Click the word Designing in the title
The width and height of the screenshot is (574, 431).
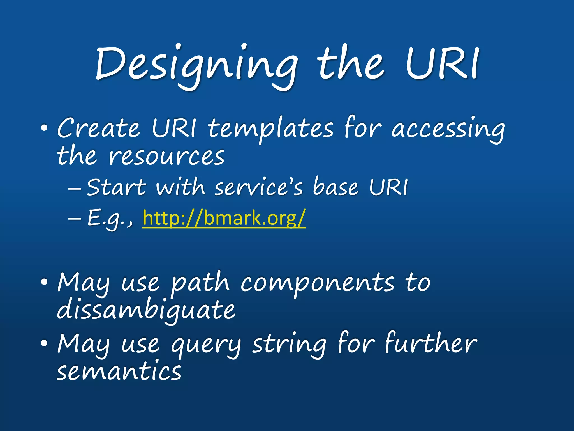(196, 66)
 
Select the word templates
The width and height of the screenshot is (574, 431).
(271, 129)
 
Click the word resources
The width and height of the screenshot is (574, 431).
(166, 156)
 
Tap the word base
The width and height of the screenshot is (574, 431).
(335, 187)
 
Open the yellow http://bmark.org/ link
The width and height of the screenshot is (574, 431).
(224, 218)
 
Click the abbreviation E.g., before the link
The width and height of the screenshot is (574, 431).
(110, 218)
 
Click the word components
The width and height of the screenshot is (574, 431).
(317, 283)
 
